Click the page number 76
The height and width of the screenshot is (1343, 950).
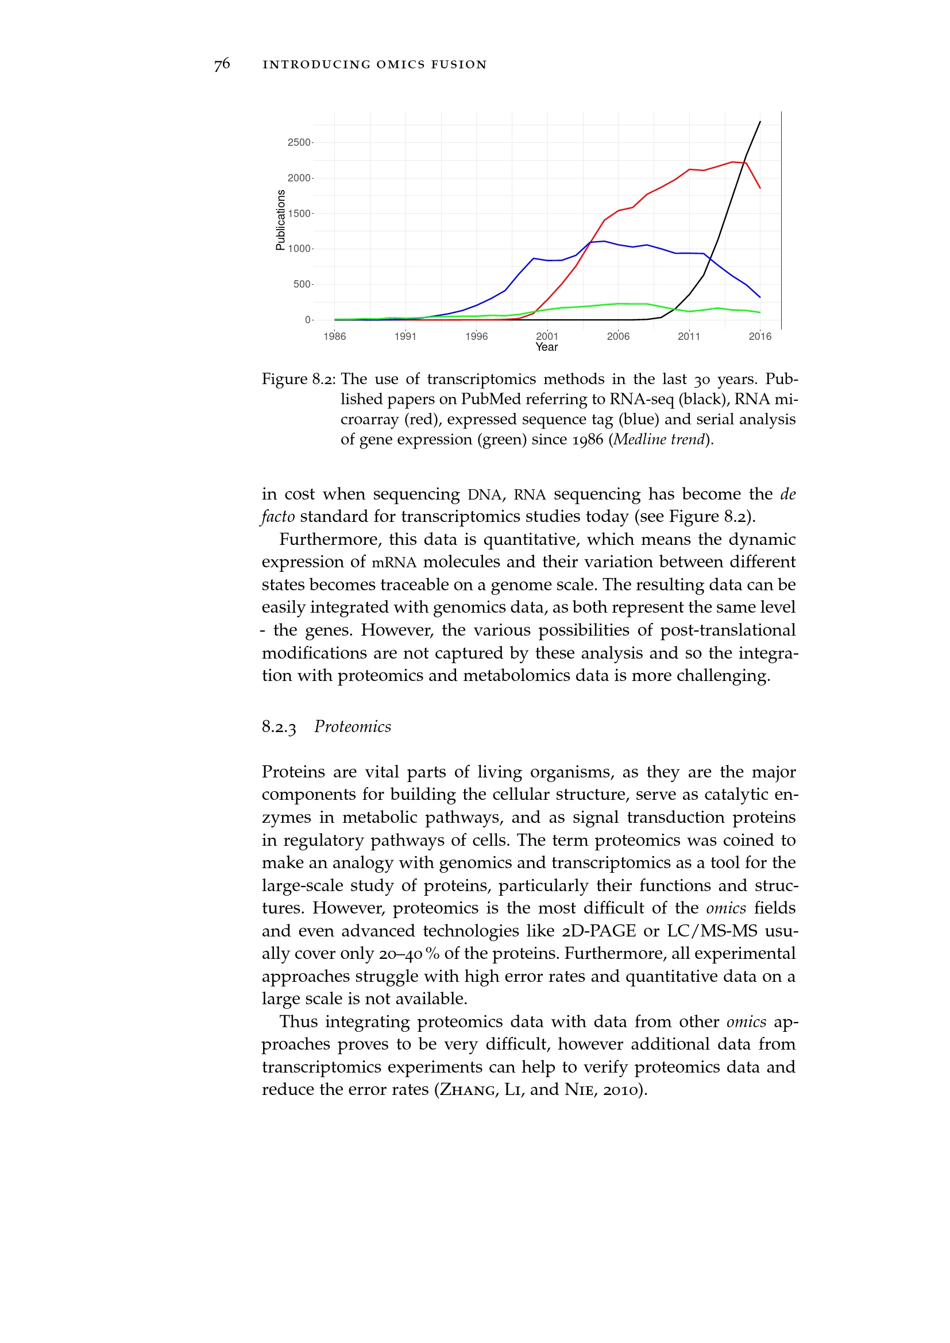222,64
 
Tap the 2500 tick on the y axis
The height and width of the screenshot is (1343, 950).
299,143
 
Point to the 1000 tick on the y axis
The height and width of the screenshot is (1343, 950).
299,249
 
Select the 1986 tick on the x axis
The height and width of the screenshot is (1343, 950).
335,336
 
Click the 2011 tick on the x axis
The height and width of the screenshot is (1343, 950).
689,336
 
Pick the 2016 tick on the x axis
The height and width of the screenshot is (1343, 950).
760,336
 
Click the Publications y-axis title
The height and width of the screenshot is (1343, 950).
281,220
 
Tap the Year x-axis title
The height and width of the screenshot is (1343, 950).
547,347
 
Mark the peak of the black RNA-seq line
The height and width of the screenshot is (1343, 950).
760,122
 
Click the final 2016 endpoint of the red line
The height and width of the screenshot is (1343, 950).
760,188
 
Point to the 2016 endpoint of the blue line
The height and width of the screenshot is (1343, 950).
760,297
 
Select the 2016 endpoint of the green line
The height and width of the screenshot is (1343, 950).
760,312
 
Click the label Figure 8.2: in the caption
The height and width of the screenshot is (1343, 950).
298,380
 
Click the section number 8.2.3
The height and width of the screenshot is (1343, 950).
279,727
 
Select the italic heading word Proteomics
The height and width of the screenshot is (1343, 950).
353,727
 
